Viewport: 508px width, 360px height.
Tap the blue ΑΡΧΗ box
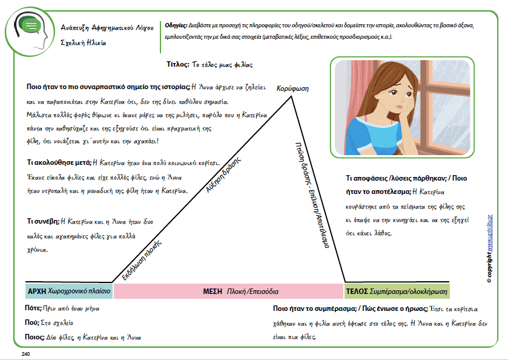(x=68, y=291)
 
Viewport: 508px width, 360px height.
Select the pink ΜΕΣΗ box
(x=228, y=291)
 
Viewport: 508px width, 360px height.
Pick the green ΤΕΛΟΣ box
(x=397, y=291)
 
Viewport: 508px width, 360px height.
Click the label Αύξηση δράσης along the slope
(x=219, y=179)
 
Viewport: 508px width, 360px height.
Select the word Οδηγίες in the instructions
(x=176, y=26)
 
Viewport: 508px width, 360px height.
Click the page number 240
(x=25, y=353)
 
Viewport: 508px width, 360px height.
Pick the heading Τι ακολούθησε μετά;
(x=59, y=162)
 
